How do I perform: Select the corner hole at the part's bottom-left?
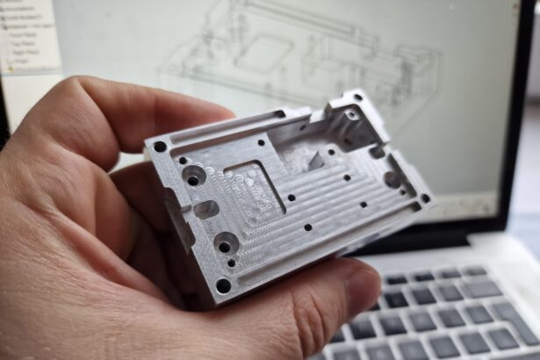223,285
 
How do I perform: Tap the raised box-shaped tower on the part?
356,119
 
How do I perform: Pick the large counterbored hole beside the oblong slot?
192,179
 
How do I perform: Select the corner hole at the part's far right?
425,198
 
